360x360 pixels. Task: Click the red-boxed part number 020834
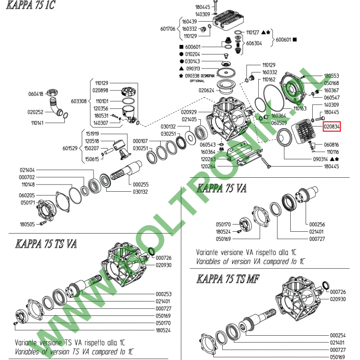[332, 126]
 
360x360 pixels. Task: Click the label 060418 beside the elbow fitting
[36, 94]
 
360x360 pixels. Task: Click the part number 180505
[27, 224]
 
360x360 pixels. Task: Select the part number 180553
[331, 76]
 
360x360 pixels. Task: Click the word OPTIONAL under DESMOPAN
[197, 81]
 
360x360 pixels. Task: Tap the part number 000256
[317, 224]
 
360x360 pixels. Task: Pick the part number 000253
[164, 294]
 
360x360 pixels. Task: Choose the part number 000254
[338, 335]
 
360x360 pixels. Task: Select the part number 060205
[27, 196]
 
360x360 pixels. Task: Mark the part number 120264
[208, 166]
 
